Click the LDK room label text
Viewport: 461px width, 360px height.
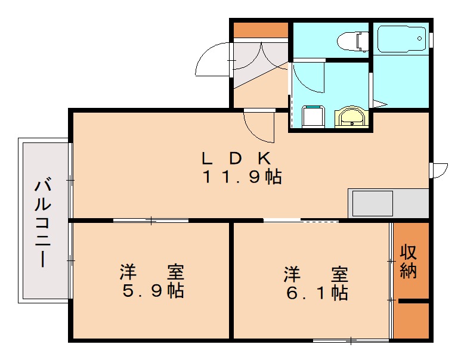[237, 159]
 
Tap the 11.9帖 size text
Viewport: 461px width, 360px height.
[242, 177]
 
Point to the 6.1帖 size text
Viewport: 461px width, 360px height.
[315, 293]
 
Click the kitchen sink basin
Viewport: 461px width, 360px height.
[372, 203]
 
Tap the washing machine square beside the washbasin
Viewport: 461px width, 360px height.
[313, 116]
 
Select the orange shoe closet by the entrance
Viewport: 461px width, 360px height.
[260, 29]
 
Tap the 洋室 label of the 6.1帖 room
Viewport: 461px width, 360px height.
[315, 275]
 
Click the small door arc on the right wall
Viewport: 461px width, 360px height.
[440, 170]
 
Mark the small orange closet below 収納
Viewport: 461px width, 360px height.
[412, 322]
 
